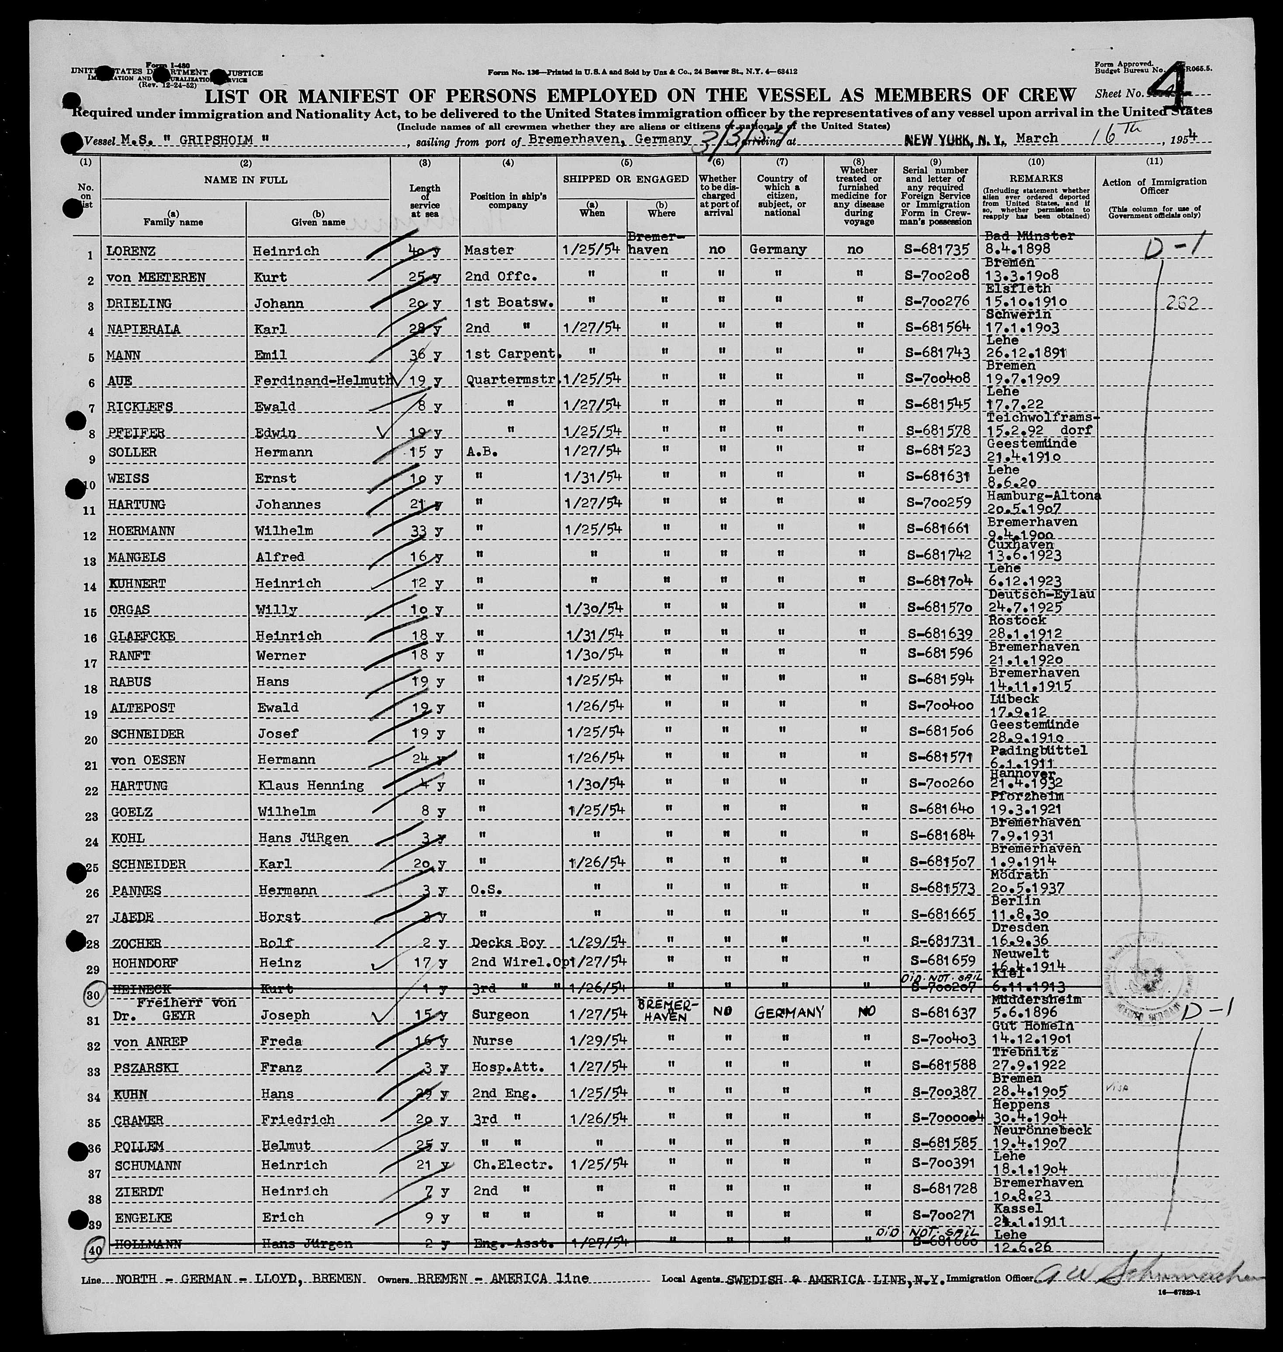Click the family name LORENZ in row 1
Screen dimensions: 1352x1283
coord(131,251)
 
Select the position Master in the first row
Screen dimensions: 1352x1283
coord(488,250)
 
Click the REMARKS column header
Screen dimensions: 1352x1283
coord(1036,178)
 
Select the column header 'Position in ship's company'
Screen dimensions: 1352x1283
coord(508,201)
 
